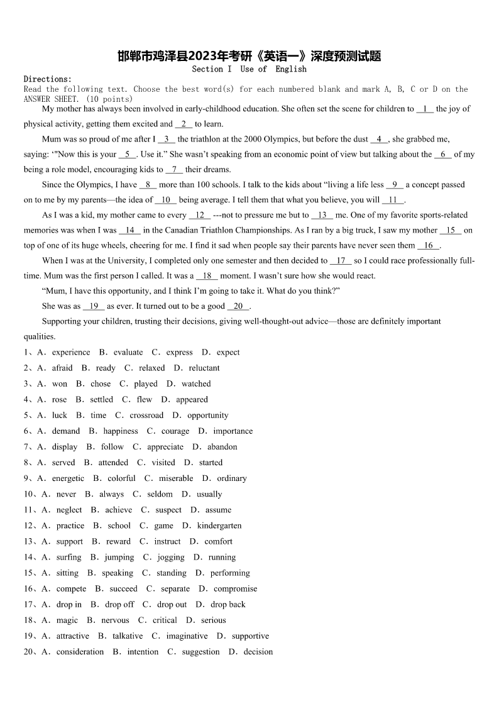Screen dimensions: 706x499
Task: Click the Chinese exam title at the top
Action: [x=249, y=57]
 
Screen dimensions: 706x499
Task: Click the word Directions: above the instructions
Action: [x=48, y=79]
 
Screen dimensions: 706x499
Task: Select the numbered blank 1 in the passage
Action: [x=425, y=109]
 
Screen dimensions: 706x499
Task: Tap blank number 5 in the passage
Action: [x=127, y=154]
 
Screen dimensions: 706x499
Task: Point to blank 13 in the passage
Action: [x=322, y=215]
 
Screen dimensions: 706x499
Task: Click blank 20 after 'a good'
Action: [x=238, y=306]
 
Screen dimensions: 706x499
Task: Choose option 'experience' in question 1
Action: [x=70, y=353]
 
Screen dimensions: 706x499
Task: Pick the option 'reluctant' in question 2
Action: [x=204, y=368]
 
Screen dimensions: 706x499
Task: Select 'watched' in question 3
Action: [x=196, y=384]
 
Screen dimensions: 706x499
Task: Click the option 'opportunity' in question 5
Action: [x=207, y=416]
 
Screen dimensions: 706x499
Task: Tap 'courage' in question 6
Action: [x=175, y=431]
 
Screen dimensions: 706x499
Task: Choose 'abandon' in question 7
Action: [x=222, y=447]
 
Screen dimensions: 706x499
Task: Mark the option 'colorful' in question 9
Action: [x=121, y=478]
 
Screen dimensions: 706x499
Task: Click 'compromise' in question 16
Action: [x=235, y=589]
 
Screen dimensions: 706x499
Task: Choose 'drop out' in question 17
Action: [x=172, y=605]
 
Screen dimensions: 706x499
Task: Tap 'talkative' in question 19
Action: [x=128, y=636]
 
